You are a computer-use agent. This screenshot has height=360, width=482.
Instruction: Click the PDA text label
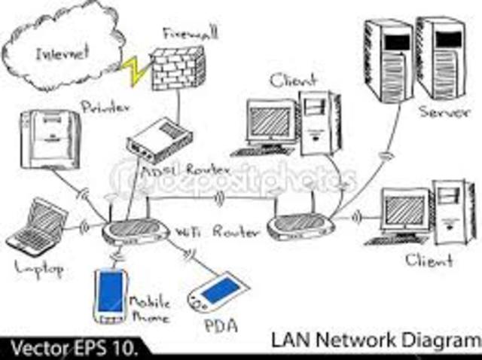tap(220, 325)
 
